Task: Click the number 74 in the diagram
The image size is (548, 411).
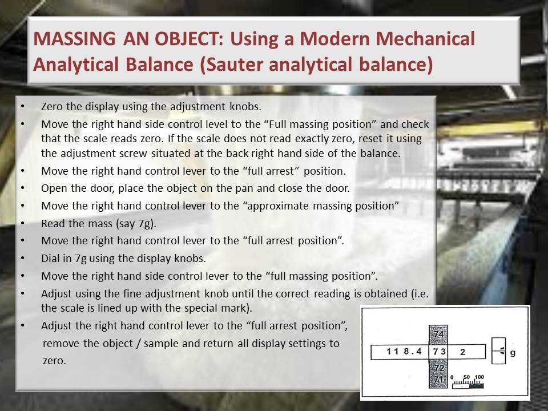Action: (x=438, y=334)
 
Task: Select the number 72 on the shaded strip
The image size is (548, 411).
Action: (x=439, y=368)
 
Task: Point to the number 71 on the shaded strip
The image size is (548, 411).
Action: (x=439, y=379)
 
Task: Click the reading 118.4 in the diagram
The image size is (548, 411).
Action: (x=404, y=351)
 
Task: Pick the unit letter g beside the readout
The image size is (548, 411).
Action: (x=513, y=353)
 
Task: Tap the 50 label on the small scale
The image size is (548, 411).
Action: (x=467, y=377)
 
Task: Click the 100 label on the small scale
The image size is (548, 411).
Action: (x=479, y=377)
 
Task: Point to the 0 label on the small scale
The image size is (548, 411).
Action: (x=452, y=377)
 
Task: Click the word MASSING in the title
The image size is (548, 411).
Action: (x=74, y=38)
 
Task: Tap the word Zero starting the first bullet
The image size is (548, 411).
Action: (x=52, y=106)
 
